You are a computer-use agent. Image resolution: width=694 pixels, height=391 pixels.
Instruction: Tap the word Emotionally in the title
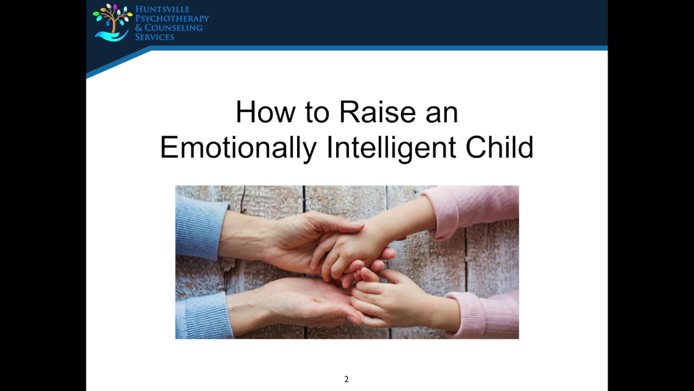[237, 147]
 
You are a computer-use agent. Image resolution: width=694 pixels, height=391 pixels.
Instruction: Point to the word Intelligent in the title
[391, 147]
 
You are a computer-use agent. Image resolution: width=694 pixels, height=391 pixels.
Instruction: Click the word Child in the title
[499, 147]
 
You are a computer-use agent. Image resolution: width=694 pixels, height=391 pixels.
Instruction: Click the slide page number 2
[346, 379]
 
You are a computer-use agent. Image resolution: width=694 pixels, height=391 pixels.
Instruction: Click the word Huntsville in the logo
[163, 9]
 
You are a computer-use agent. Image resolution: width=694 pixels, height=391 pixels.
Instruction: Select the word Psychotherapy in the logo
[172, 18]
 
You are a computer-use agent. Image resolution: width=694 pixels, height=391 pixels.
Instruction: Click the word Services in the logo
[155, 37]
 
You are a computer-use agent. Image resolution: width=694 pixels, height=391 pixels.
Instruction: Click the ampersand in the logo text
[139, 28]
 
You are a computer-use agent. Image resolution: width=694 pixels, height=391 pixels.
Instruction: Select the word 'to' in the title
[317, 112]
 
